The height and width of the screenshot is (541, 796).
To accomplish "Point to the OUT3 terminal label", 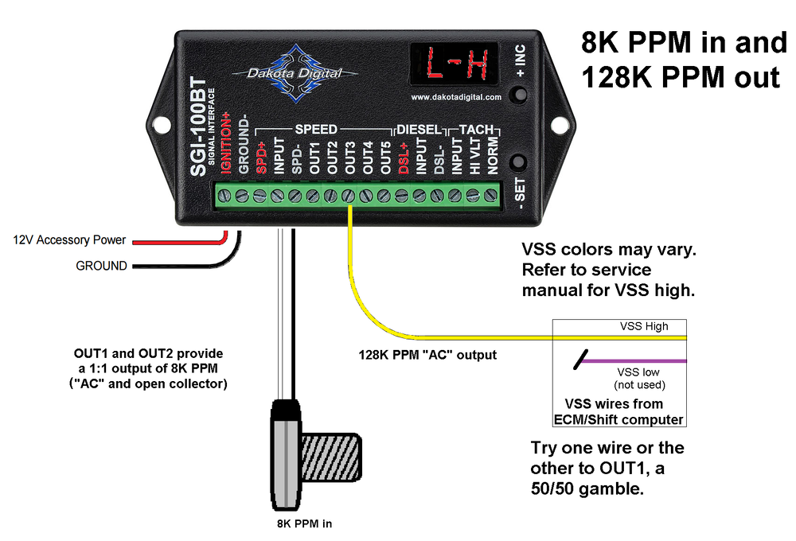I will click(x=349, y=158).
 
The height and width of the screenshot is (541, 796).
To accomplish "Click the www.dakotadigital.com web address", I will click(x=456, y=97).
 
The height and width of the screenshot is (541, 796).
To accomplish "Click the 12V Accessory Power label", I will click(x=69, y=239).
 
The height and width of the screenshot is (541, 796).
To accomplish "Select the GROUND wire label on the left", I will click(x=101, y=266).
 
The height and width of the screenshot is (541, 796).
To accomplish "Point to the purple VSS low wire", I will click(x=637, y=361).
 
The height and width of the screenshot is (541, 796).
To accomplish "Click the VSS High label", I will click(x=644, y=326).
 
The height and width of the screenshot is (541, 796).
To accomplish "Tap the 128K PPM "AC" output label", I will click(x=427, y=355).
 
